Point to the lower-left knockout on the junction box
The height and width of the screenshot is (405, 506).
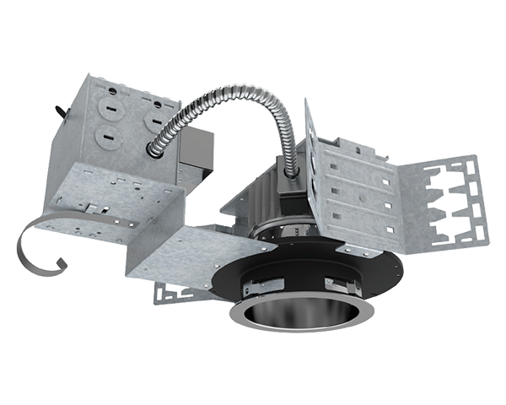pyautogui.click(x=109, y=134)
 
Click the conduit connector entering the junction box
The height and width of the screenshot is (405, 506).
pyautogui.click(x=158, y=148)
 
